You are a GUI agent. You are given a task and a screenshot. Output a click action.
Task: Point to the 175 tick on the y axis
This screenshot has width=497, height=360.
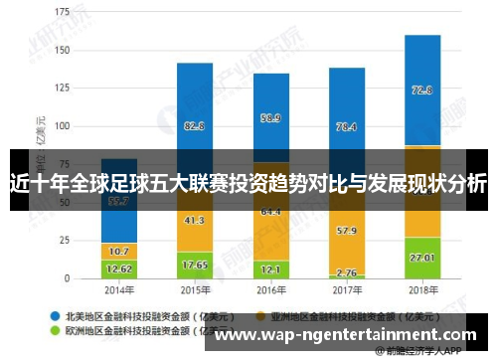click(62, 14)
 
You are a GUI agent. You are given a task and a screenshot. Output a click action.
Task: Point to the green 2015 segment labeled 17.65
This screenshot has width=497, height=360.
click(195, 265)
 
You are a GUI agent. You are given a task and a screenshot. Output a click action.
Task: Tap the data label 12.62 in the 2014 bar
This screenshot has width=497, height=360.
click(119, 268)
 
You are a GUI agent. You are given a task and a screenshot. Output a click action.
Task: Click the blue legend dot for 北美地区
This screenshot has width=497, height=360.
click(56, 310)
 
